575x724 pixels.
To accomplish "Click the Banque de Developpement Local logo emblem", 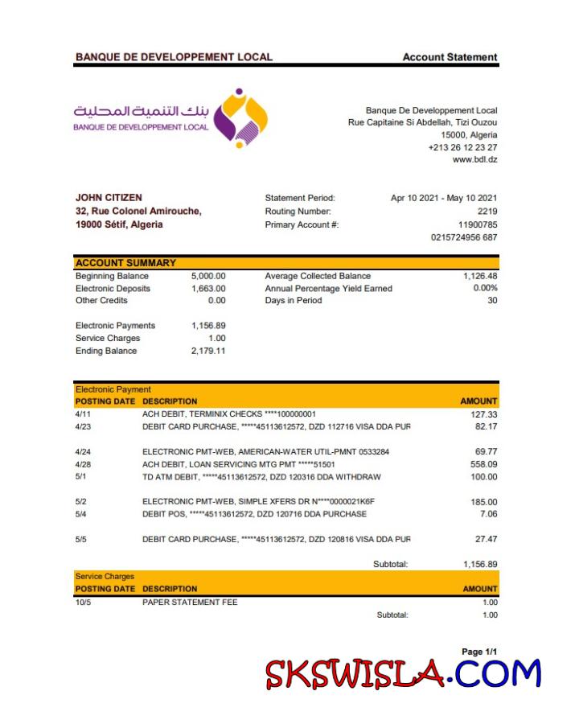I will point(240,117).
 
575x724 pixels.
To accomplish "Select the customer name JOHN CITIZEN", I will point(109,198).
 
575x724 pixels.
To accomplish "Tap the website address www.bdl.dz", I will point(474,159).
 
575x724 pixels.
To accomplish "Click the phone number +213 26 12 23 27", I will point(462,147).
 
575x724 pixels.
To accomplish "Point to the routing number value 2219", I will point(487,211).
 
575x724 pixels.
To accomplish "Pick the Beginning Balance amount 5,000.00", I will point(208,276).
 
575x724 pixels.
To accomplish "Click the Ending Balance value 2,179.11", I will point(208,351).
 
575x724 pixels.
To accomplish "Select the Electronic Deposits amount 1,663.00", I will point(208,288).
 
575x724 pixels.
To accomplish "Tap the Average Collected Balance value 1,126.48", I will point(480,276).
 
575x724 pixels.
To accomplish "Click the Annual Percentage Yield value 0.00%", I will point(485,288).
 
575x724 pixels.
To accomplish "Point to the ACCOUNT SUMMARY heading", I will point(125,263).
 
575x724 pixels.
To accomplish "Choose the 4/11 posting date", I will point(83,414).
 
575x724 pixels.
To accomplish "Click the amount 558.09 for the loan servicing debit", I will point(483,464).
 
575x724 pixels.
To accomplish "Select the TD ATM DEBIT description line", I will point(261,477).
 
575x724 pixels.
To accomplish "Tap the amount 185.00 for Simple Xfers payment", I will point(483,502).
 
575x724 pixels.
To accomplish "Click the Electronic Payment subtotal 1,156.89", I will point(480,564).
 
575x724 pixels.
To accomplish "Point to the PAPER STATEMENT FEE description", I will point(190,602).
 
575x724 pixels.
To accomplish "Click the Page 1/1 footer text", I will point(479,652).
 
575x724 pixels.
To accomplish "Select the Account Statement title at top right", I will point(450,57).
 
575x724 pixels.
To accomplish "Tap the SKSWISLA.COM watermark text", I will point(403,673).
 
